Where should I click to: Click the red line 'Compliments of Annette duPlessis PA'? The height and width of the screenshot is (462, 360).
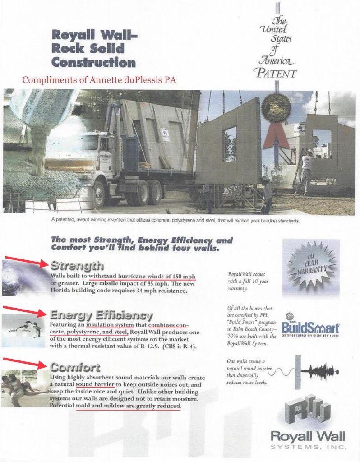pos(99,80)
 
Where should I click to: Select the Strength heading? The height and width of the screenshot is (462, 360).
pos(77,265)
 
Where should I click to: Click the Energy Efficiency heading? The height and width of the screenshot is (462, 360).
pos(101,315)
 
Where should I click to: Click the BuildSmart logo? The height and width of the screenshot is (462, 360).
pos(310,328)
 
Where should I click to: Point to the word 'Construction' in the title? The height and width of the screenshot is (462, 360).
pos(93,62)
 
